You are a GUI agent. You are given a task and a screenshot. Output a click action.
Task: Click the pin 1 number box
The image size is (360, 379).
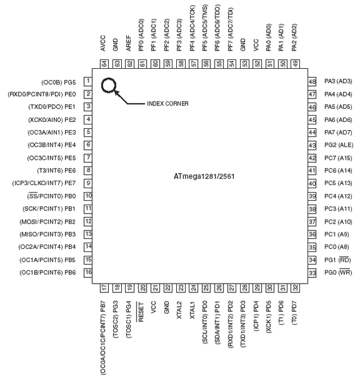pyautogui.click(x=88, y=81)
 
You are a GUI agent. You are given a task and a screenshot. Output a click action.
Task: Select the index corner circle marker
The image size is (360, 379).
pyautogui.click(x=109, y=78)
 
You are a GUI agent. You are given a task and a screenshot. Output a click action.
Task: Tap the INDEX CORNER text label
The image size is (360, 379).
pyautogui.click(x=167, y=104)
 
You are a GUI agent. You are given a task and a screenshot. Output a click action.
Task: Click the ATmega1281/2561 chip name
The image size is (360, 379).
pyautogui.click(x=204, y=176)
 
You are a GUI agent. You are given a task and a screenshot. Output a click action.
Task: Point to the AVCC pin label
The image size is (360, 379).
pyautogui.click(x=103, y=43)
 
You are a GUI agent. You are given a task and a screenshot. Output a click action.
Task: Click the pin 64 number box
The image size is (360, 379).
pyautogui.click(x=104, y=64)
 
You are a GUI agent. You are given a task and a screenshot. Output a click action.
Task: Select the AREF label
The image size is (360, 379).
pyautogui.click(x=129, y=43)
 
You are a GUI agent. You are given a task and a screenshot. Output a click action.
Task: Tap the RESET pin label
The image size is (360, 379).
pyautogui.click(x=141, y=312)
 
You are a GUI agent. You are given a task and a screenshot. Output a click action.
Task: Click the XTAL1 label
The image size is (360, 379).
pyautogui.click(x=193, y=310)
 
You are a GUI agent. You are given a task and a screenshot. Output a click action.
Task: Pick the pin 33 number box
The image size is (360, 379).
pyautogui.click(x=312, y=273)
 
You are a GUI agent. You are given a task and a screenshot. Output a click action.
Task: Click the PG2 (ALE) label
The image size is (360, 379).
pyautogui.click(x=339, y=145)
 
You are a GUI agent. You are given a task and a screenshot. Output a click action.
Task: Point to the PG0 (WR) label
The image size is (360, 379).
pyautogui.click(x=339, y=272)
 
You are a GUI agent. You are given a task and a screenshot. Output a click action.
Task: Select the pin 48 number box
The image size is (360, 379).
pyautogui.click(x=312, y=81)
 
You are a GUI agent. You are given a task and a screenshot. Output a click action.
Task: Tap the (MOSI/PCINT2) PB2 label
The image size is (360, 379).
pyautogui.click(x=47, y=222)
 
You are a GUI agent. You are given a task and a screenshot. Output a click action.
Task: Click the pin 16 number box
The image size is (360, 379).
pyautogui.click(x=88, y=273)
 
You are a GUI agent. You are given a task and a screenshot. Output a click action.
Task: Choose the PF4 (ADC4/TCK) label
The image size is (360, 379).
pyautogui.click(x=193, y=28)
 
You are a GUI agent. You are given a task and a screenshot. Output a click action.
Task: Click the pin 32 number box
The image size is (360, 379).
pyautogui.click(x=295, y=288)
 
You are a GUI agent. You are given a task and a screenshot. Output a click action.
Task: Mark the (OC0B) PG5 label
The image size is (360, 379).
pyautogui.click(x=59, y=82)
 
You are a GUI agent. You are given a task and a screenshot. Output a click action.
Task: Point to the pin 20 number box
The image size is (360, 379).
pyautogui.click(x=143, y=288)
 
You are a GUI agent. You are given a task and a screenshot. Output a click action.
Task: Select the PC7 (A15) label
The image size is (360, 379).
pyautogui.click(x=339, y=158)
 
